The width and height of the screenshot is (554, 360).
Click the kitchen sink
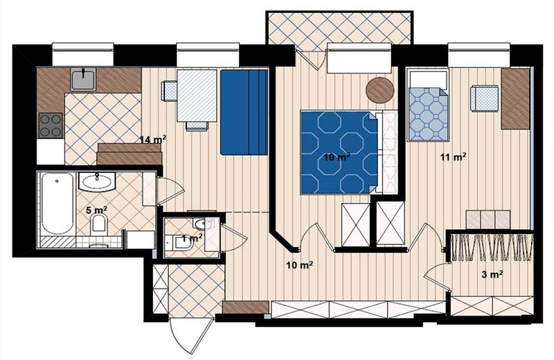pos(83,79)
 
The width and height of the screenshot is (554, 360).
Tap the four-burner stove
pos(51,125)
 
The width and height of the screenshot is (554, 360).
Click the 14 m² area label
pos(152,140)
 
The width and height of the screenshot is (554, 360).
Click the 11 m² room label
pos(454,157)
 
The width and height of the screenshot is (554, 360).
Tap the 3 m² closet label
pos(492,274)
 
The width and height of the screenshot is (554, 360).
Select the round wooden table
pos(379,90)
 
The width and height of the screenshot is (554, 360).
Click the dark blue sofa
pos(244,112)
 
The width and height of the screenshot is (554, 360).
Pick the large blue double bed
pos(339,152)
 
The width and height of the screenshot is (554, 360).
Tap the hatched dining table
pos(197,96)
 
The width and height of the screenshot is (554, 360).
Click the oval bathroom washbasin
pos(97,181)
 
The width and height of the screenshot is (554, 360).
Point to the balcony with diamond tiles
pos(339,28)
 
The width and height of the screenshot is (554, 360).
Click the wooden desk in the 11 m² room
pos(515,98)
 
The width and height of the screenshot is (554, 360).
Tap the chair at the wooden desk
pos(484,99)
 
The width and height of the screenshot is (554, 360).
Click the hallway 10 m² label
pos(300,264)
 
